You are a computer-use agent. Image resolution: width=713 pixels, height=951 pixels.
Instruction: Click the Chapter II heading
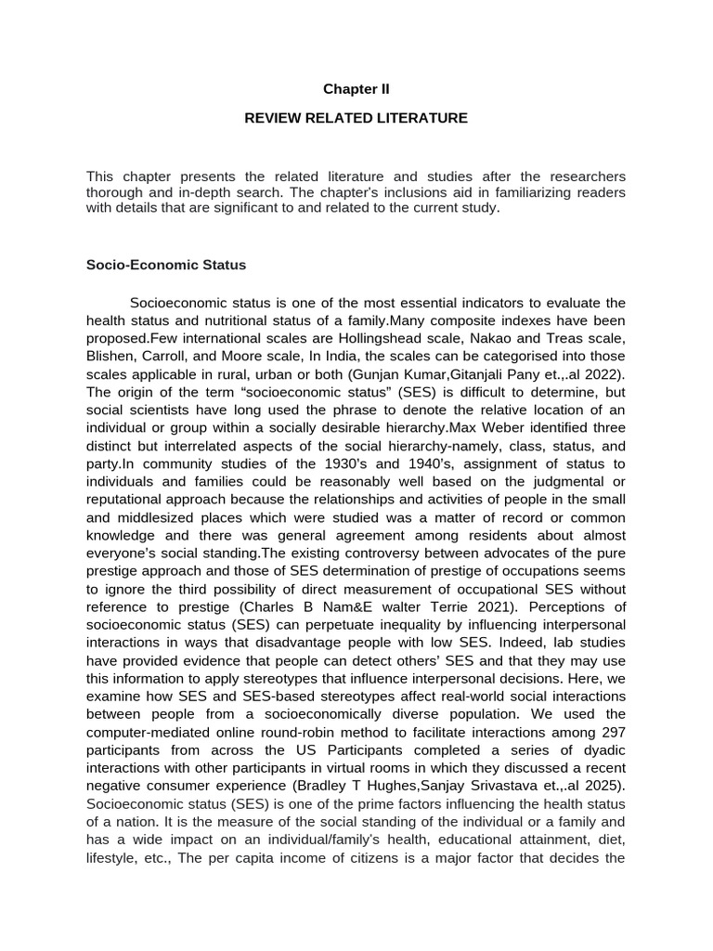click(x=356, y=89)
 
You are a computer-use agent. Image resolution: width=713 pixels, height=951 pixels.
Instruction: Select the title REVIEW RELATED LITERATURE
click(x=356, y=118)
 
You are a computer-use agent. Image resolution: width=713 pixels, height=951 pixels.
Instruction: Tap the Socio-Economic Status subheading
click(x=166, y=265)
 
